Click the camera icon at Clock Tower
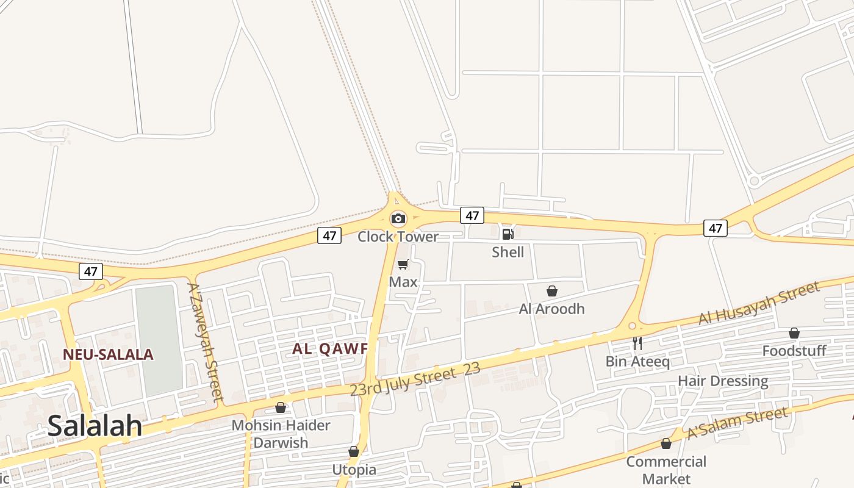[398, 218]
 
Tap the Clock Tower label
[398, 237]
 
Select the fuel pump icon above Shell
[508, 234]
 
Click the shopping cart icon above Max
[403, 264]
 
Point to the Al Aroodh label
[551, 309]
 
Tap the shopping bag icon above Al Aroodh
[552, 291]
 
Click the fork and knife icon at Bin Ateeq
[637, 343]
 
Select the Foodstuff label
[794, 351]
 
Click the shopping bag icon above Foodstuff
[794, 333]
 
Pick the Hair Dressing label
[723, 381]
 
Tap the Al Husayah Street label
[759, 303]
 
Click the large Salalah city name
[95, 426]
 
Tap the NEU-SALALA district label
[108, 354]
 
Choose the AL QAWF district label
[330, 348]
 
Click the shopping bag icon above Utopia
[354, 452]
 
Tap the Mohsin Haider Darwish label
[281, 434]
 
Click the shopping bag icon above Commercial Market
[666, 443]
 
